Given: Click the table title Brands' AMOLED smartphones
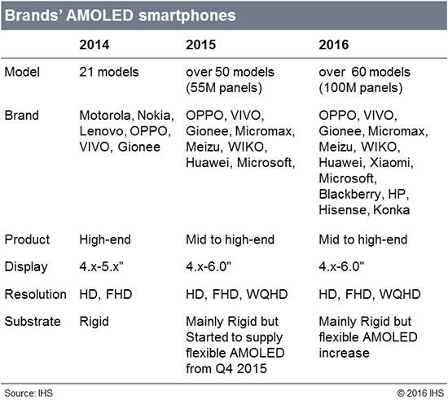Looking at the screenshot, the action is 121,15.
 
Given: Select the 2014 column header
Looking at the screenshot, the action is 94,45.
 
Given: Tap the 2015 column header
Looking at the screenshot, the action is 201,45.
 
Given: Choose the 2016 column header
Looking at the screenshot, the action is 334,45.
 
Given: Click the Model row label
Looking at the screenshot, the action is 22,72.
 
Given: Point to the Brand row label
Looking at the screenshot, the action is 22,116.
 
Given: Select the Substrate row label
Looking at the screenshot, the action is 33,322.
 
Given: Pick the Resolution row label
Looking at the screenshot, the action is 35,294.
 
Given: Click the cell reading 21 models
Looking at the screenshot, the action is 109,72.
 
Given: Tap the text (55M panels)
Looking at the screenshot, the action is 224,88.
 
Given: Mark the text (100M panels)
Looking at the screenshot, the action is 361,88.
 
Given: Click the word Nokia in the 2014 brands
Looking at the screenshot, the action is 154,116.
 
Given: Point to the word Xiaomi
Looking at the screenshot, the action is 390,163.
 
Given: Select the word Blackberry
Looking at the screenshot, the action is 350,195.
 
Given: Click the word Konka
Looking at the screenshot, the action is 392,210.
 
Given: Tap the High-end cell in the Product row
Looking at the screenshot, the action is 105,239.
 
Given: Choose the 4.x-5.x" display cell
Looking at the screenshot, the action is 102,266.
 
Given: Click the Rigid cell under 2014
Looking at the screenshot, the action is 94,322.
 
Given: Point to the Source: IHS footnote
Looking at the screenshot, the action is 29,393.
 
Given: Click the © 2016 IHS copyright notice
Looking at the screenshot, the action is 420,393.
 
